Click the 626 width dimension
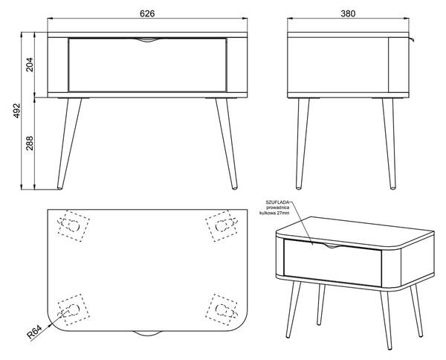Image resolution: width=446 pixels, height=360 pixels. click(147, 13)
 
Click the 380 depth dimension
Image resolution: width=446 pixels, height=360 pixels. click(348, 13)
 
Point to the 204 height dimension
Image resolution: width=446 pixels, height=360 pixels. click(30, 65)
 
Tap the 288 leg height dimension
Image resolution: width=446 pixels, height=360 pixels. click(30, 143)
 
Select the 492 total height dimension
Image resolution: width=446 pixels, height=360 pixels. click(17, 111)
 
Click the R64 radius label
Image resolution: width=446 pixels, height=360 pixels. click(34, 332)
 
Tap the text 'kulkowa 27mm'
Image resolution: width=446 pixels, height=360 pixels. click(274, 213)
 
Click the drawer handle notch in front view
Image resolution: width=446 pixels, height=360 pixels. click(147, 40)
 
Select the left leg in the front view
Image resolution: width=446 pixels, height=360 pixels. click(69, 144)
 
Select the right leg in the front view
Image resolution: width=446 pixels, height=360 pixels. click(227, 144)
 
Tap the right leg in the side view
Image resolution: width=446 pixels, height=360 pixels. click(389, 144)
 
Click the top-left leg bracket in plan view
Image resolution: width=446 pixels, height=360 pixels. click(74, 226)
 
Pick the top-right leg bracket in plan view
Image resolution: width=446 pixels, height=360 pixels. click(222, 226)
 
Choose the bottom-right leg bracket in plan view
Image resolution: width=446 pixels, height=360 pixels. click(222, 309)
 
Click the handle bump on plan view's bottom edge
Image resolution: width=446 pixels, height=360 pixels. click(147, 333)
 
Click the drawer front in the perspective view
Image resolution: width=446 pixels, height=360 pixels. click(333, 263)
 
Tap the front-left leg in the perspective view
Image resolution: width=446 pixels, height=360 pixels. click(293, 309)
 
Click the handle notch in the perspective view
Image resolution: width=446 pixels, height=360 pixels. click(332, 246)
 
